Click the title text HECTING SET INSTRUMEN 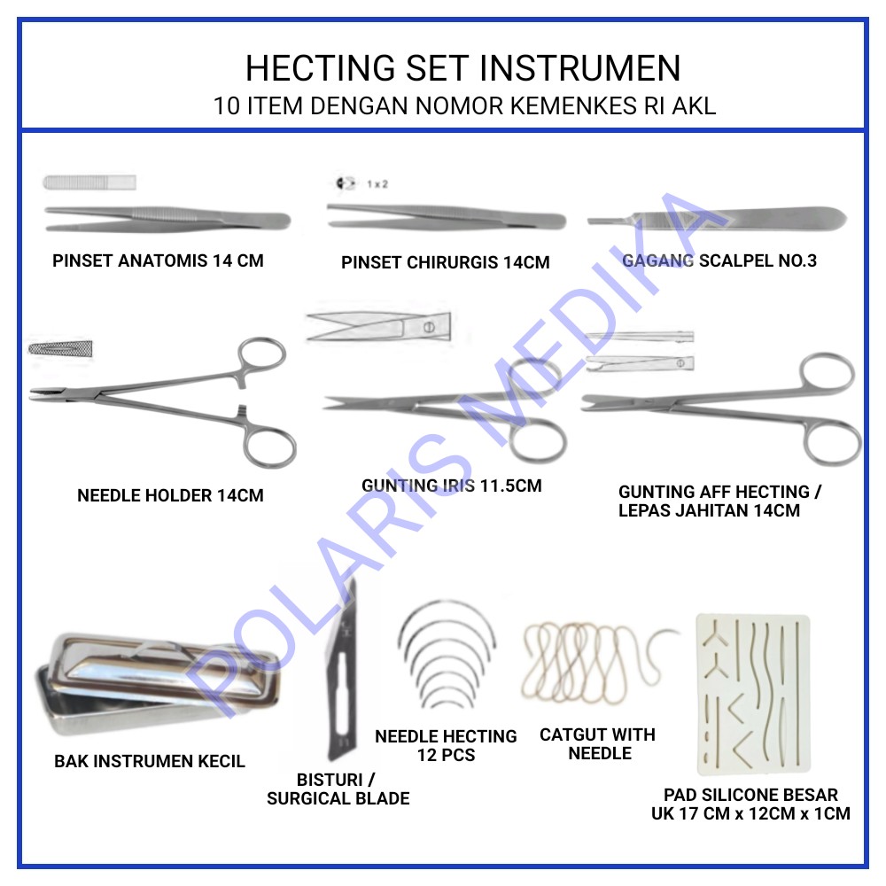(462, 68)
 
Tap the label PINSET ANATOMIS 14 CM (158, 260)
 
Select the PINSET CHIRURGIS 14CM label (445, 262)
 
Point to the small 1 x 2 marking (377, 184)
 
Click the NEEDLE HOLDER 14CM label (170, 495)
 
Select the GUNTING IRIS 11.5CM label (451, 486)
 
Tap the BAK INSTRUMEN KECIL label (150, 761)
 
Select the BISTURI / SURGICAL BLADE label (338, 789)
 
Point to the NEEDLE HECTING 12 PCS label (446, 745)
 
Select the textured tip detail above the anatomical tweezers (89, 183)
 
